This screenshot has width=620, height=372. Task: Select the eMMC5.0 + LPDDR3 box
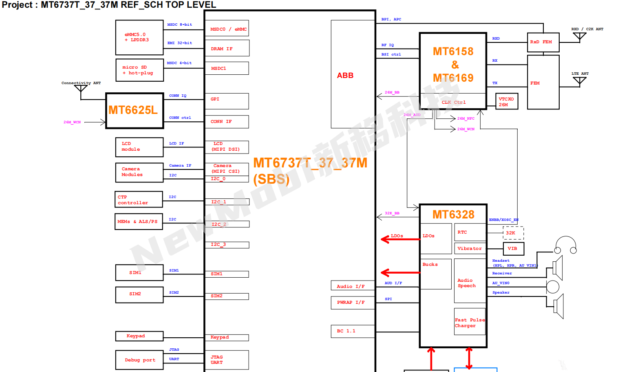coord(139,38)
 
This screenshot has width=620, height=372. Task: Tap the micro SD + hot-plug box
coord(139,70)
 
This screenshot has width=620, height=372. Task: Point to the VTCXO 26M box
coord(507,102)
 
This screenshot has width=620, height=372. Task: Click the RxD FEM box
coord(543,42)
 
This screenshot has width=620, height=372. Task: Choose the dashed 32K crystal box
coord(513,233)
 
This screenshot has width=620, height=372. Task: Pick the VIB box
coord(513,249)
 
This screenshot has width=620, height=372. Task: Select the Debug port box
coord(139,360)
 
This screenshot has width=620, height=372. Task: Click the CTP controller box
coord(139,200)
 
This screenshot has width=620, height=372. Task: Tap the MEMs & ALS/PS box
coord(139,222)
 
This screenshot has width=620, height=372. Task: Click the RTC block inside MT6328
coord(470,232)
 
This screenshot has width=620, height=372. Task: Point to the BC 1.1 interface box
coord(353,331)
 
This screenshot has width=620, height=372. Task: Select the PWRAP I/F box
coord(353,303)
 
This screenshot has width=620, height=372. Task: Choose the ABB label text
coord(345,76)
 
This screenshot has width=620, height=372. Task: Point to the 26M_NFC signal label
coord(466,118)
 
